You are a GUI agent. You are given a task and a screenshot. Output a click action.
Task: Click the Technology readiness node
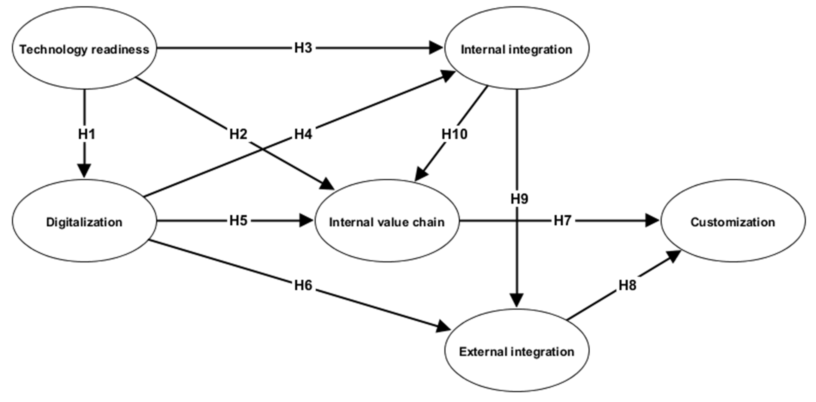pyautogui.click(x=84, y=48)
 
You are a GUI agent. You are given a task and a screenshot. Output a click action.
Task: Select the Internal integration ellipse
pyautogui.click(x=517, y=48)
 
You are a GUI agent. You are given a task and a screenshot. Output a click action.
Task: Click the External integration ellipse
pyautogui.click(x=517, y=351)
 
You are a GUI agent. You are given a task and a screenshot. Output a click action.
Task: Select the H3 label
pyautogui.click(x=303, y=48)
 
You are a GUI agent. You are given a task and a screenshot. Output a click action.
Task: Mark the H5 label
pyautogui.click(x=238, y=221)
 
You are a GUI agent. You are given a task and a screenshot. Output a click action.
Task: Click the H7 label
pyautogui.click(x=562, y=221)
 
